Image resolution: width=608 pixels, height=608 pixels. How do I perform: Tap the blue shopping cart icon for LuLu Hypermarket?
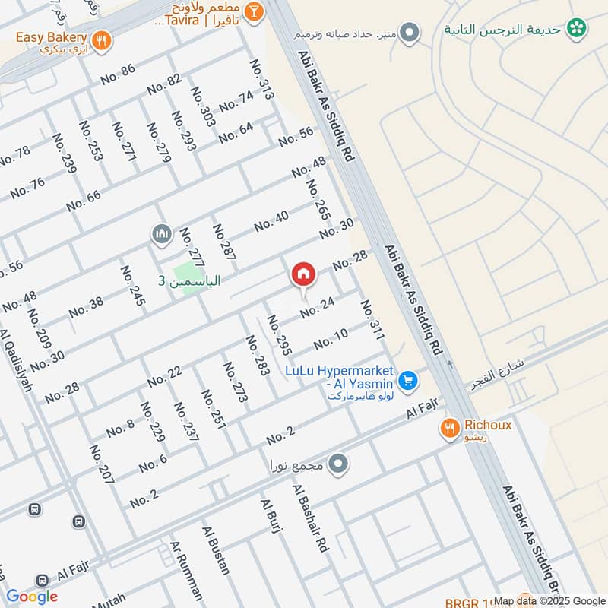[x=407, y=378]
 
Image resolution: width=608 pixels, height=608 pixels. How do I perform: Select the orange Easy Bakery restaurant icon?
[x=100, y=40]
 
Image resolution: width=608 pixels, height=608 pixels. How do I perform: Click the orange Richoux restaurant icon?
[x=451, y=430]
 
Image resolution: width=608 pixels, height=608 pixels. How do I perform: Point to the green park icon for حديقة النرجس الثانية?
[x=578, y=29]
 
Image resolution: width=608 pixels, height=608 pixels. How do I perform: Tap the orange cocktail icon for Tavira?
[x=253, y=11]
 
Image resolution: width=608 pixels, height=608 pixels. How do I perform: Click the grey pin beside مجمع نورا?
[x=339, y=462]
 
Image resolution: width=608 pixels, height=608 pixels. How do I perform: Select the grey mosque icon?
[x=160, y=233]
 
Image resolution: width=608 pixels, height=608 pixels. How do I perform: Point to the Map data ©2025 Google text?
[x=549, y=600]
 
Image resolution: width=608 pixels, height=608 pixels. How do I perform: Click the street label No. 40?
[x=271, y=221]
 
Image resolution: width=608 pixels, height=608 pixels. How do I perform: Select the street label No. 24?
[x=317, y=307]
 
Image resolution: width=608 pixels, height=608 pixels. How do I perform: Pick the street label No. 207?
[x=101, y=464]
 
